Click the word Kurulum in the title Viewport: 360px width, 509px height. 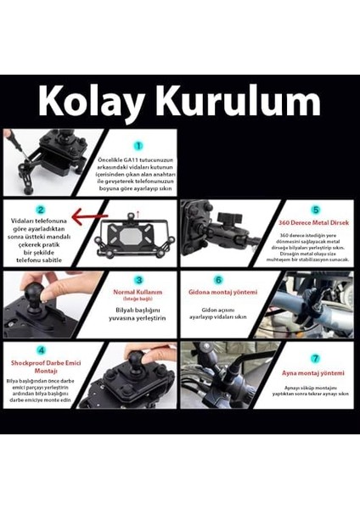239,102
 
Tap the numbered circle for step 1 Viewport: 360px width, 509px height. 138,145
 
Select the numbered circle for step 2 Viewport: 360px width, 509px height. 39,210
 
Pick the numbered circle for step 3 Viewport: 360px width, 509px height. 138,279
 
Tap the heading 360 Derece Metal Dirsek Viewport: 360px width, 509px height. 315,222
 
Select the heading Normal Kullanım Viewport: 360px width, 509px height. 138,292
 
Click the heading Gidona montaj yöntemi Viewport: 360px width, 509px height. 217,292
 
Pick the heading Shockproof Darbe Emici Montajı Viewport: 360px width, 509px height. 39,364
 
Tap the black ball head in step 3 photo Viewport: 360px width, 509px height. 43,304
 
